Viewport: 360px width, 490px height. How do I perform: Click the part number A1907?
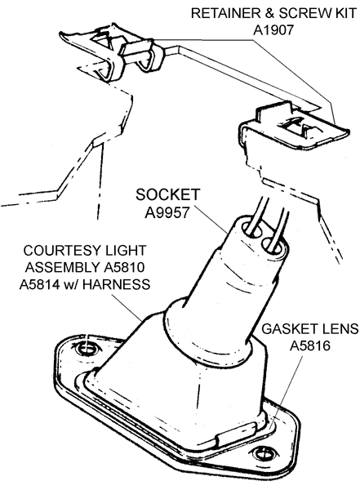(x=273, y=30)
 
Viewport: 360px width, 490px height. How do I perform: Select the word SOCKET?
(x=167, y=194)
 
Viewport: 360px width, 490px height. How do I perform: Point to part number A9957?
(x=167, y=213)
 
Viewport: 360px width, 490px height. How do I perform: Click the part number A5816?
(x=310, y=346)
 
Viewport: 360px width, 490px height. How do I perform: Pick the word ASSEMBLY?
(x=63, y=268)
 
